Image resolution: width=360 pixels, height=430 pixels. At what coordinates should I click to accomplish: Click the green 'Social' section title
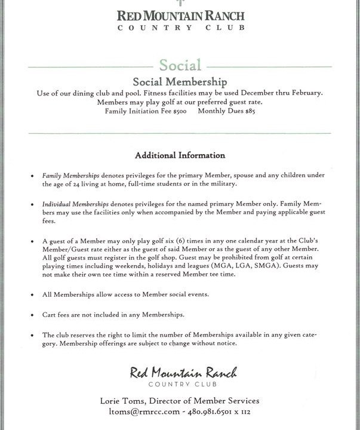[x=180, y=65]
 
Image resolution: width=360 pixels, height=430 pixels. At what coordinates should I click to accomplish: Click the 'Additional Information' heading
[x=180, y=155]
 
